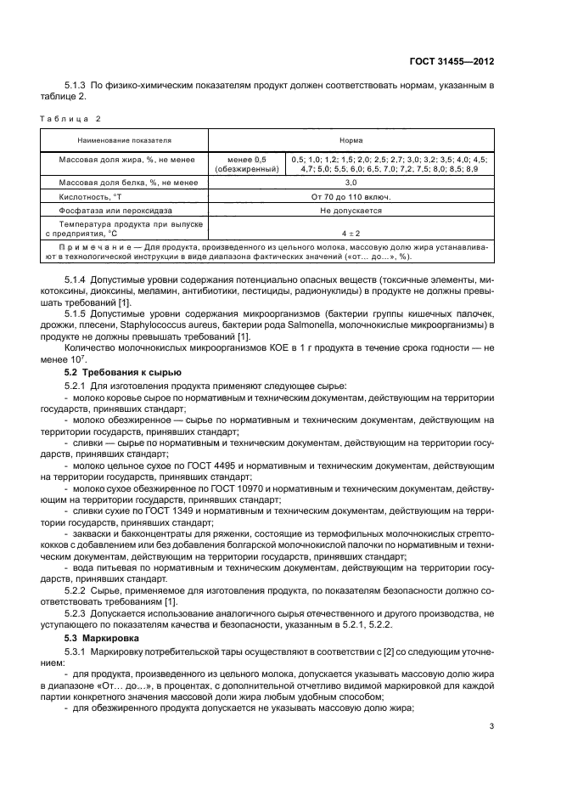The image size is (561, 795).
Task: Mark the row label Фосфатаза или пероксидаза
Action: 115,210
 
